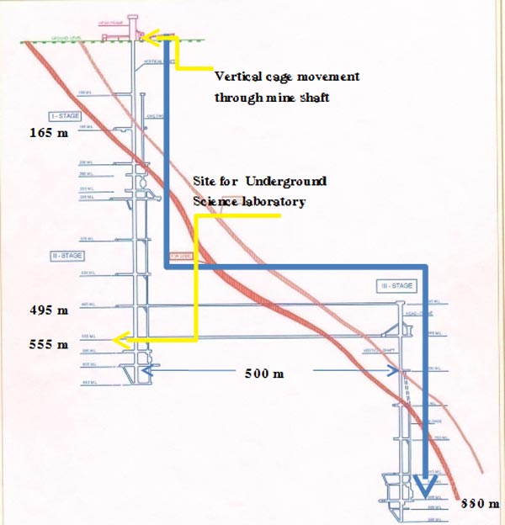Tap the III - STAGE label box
396,286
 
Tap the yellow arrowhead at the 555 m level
122,340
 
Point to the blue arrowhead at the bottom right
425,485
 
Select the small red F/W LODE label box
178,255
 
